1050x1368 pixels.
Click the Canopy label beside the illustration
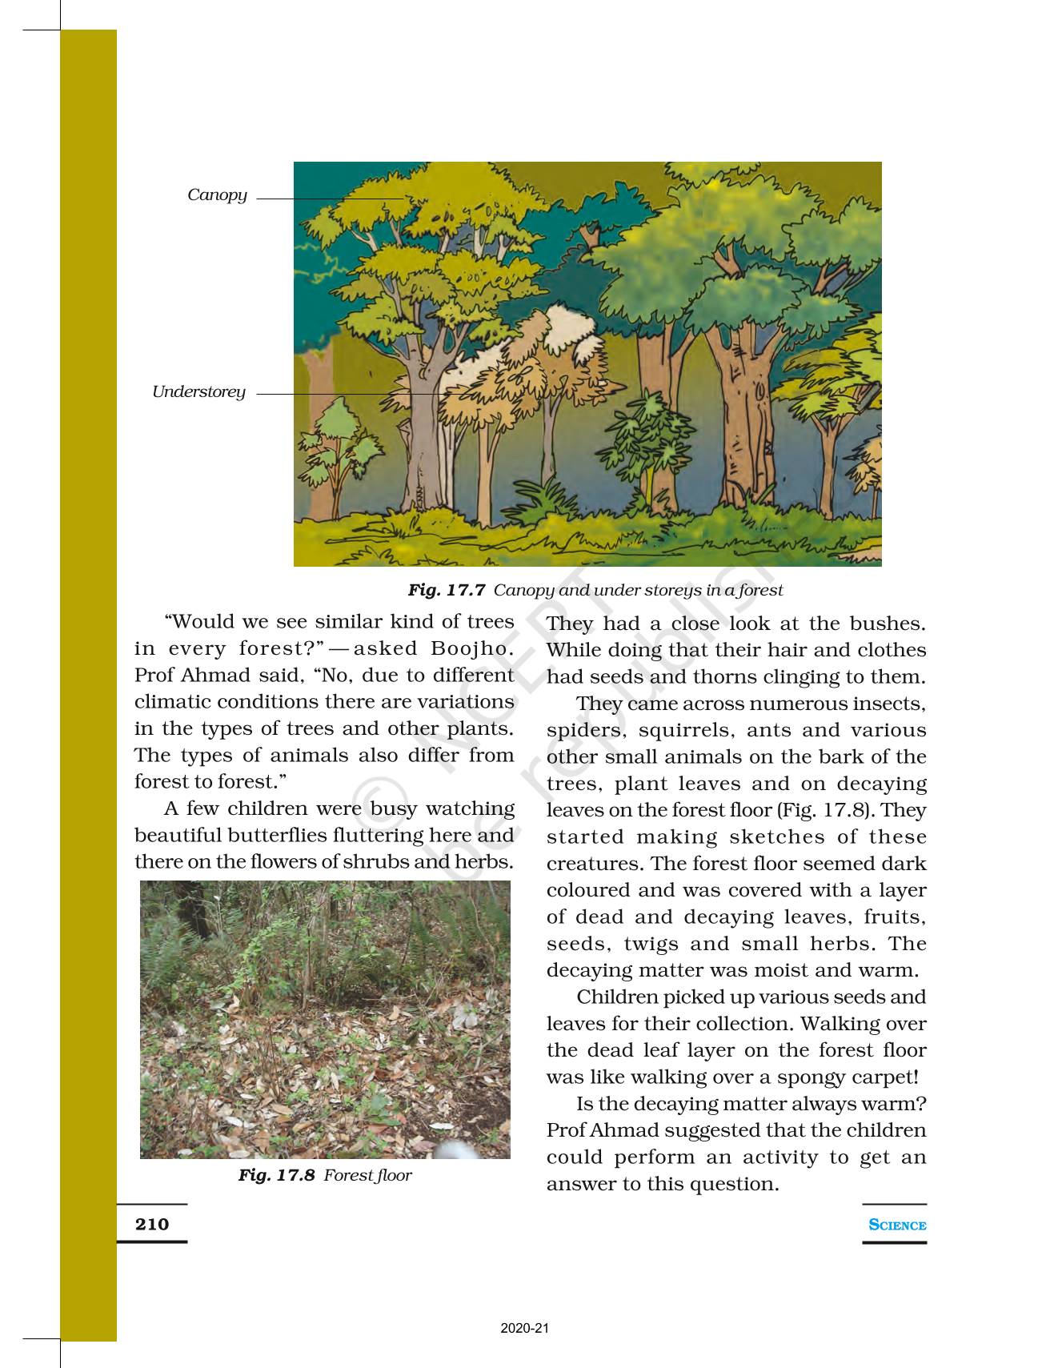[x=217, y=195]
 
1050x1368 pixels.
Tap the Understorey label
[x=198, y=392]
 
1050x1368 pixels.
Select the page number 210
[x=152, y=1224]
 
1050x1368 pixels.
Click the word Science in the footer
[x=897, y=1225]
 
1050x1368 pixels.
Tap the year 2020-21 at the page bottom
[x=525, y=1329]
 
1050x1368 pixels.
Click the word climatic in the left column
[x=174, y=702]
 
